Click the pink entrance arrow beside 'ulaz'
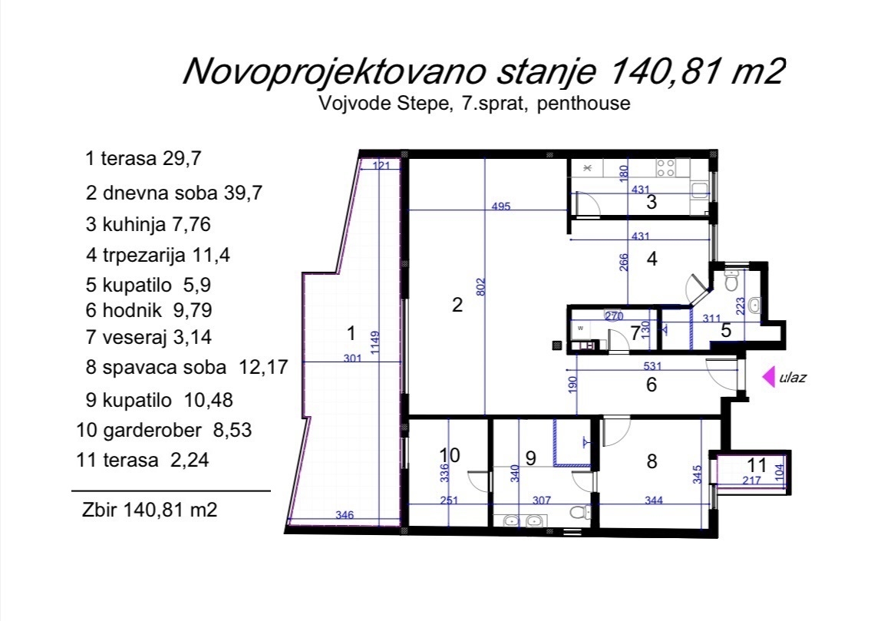click(769, 377)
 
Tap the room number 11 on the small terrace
click(757, 465)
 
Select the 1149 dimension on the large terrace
click(374, 342)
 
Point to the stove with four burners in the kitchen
click(665, 167)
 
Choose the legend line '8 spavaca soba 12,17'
click(187, 367)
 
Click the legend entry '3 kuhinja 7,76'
click(148, 224)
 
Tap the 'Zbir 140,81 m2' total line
click(150, 509)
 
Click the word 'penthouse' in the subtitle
click(583, 103)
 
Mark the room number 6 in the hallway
click(651, 385)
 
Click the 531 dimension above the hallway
click(652, 365)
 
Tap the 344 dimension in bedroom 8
click(653, 500)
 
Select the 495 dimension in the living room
click(500, 206)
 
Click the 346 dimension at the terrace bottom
click(344, 515)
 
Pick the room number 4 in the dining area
click(652, 259)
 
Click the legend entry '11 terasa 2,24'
click(143, 460)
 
